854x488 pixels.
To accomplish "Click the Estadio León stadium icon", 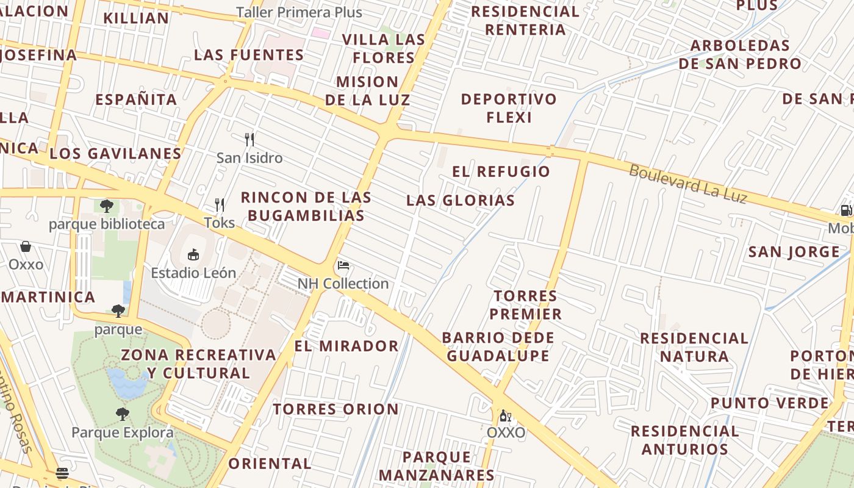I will pos(193,254).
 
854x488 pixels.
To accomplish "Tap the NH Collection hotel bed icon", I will pos(343,265).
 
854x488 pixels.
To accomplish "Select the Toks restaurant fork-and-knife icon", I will pos(220,204).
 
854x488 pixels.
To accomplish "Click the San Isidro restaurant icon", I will pos(249,140).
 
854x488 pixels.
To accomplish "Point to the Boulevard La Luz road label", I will pos(687,184).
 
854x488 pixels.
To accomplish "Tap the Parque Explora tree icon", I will pos(123,414).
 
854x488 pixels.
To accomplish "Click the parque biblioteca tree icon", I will pos(107,206).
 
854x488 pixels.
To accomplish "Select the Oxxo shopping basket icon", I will pos(26,246).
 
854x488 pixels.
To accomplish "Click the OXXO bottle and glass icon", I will pos(505,416).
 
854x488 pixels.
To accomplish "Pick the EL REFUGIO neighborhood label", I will pos(501,171).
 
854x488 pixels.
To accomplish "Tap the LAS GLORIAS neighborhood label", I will pos(461,200).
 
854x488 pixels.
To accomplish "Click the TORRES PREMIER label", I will pos(527,305).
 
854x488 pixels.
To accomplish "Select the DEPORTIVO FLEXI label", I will pos(509,108).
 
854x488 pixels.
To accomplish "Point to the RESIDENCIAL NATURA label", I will pos(694,347).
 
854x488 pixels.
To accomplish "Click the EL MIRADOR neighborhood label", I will pos(346,346).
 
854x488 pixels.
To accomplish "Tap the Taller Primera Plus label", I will pos(299,12).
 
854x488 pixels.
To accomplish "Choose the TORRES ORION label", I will pos(335,409).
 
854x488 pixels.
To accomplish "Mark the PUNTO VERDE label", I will pos(769,403).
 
